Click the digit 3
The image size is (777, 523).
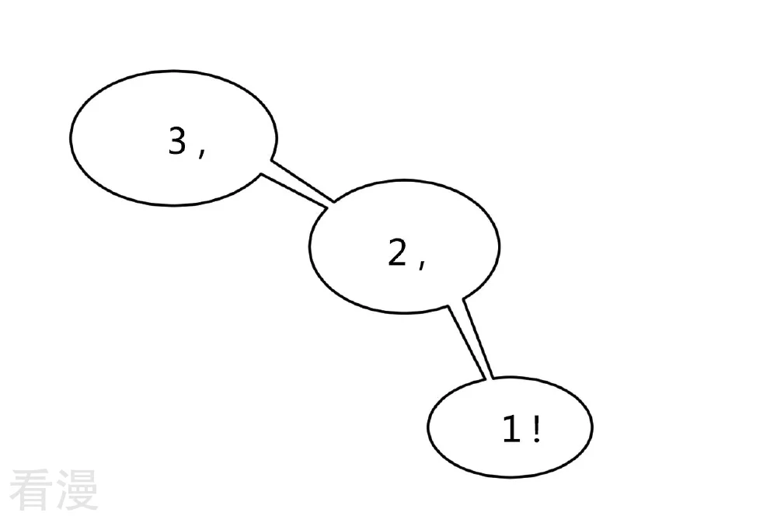tap(177, 141)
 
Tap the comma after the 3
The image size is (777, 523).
tap(202, 152)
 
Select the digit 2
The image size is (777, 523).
tap(397, 253)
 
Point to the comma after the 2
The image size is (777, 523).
tap(422, 263)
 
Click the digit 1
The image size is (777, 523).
tap(512, 429)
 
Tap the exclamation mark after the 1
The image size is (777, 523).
tap(537, 429)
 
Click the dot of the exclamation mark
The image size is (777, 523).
tap(537, 440)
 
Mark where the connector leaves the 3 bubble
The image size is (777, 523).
tap(266, 167)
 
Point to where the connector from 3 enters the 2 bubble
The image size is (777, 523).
tap(330, 206)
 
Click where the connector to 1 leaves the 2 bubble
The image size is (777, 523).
tap(455, 302)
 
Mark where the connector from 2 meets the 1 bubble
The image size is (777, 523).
tap(489, 380)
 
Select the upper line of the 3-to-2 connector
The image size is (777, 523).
tap(303, 181)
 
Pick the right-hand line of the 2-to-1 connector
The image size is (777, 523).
tap(478, 338)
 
